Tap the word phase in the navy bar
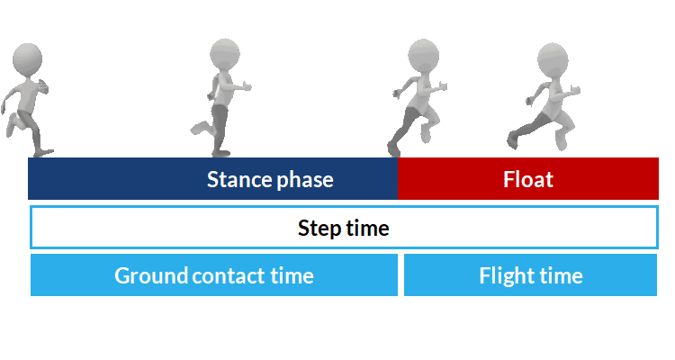305,180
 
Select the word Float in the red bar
528,179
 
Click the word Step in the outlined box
319,229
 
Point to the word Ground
151,275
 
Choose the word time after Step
367,229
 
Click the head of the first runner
28,59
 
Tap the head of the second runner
225,54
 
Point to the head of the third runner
423,55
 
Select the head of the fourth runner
553,58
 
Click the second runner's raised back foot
199,129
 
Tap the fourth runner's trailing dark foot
512,140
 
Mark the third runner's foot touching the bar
393,149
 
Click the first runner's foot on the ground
43,152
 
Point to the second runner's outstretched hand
246,86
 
